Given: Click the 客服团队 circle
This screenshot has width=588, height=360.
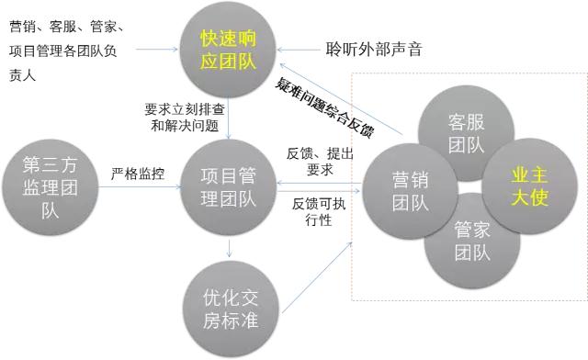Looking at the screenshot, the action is click(465, 133).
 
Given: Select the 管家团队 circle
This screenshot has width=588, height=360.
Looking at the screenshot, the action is click(470, 241).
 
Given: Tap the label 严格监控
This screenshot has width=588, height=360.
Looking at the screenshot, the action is click(138, 173).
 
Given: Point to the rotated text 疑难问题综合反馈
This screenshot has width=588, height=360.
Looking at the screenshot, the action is click(323, 107).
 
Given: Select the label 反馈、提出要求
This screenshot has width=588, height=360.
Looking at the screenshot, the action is click(317, 159).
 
